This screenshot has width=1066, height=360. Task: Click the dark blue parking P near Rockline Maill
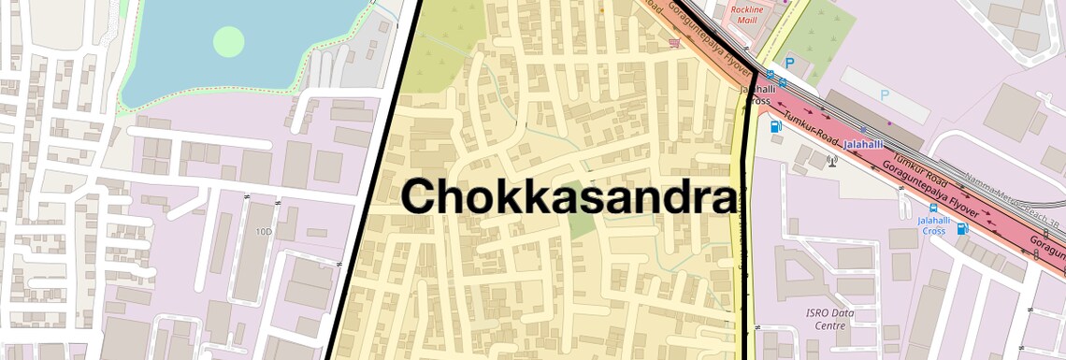789,63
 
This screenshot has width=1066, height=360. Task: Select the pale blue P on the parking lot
885,95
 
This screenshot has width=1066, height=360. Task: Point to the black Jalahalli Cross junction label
756,94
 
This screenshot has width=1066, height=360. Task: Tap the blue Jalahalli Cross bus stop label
932,225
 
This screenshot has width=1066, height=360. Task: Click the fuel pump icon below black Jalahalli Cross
775,126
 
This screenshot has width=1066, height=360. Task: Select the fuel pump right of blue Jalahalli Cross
962,227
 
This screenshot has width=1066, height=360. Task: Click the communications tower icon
831,160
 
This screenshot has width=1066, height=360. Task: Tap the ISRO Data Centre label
826,319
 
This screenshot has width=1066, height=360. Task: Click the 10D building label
264,231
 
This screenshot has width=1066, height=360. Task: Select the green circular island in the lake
228,41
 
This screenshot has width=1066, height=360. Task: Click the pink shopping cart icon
673,43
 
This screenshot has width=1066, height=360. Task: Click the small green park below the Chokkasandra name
582,223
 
